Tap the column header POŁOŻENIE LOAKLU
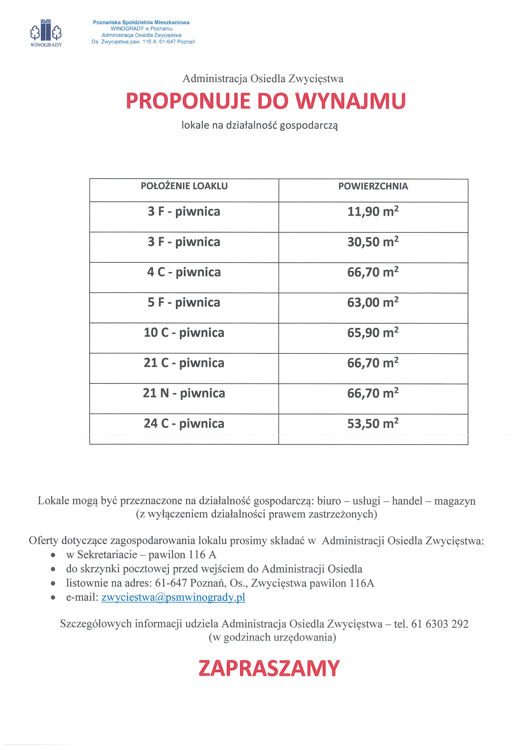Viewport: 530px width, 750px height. [x=184, y=186]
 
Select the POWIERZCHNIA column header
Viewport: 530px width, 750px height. [x=373, y=187]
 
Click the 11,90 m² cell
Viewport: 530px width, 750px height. [x=373, y=212]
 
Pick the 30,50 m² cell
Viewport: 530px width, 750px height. [x=373, y=242]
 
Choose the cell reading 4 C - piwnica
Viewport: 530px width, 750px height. [x=184, y=272]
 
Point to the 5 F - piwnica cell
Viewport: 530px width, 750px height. [x=184, y=303]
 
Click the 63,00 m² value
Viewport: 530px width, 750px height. [x=373, y=303]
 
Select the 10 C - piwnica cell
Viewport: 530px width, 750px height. [x=184, y=333]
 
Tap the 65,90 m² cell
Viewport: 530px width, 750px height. [x=373, y=333]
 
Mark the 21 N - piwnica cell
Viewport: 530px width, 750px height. [x=184, y=393]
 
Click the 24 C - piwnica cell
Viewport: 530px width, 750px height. [x=184, y=424]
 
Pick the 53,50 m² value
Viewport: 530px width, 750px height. [x=373, y=424]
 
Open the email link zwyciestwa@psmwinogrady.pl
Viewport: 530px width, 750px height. [x=173, y=597]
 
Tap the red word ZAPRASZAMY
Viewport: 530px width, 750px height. [x=269, y=668]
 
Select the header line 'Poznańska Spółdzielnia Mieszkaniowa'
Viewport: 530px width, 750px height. [x=141, y=22]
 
